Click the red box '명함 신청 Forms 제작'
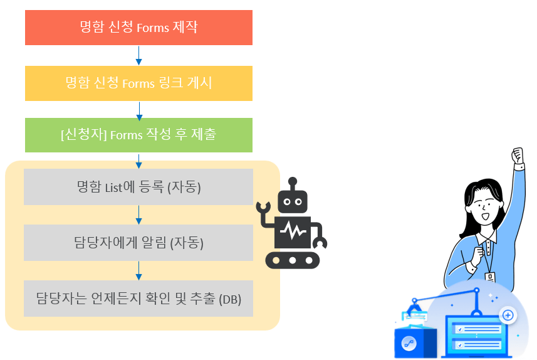[138, 28]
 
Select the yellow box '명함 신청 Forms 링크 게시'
[138, 83]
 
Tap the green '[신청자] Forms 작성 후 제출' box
[138, 135]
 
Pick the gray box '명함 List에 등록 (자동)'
[138, 187]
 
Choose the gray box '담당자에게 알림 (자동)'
[138, 243]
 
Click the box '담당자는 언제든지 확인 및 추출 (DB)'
[138, 298]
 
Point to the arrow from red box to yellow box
[138, 55]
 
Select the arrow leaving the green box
[138, 161]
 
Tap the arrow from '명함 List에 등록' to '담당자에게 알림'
[138, 214]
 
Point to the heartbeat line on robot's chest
[292, 232]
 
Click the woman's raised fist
[517, 157]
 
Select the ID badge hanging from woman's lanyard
[489, 277]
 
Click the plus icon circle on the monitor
[508, 315]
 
